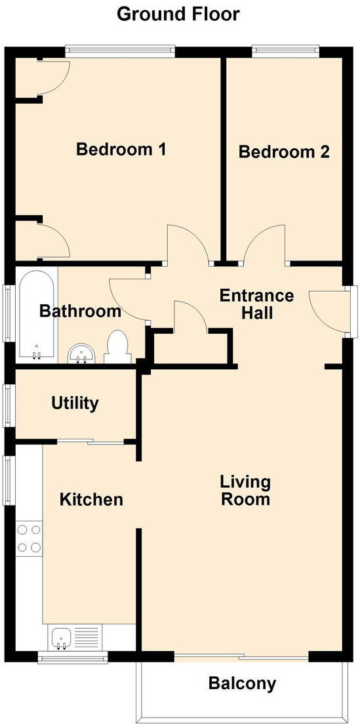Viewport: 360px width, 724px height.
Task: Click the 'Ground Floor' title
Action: point(178,13)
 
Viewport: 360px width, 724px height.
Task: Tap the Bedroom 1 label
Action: point(121,150)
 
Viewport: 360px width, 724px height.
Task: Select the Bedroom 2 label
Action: point(283,152)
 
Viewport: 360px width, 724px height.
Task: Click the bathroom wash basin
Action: point(83,354)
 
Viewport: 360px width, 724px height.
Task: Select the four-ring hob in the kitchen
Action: point(28,538)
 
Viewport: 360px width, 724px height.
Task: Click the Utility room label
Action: point(75,403)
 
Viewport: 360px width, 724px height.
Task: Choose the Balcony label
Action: point(242,684)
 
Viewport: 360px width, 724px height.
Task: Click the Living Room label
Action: point(245,491)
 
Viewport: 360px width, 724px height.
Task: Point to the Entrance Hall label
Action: point(256,304)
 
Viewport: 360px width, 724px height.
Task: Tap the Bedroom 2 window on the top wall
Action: point(286,50)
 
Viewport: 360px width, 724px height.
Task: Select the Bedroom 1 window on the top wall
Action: point(120,50)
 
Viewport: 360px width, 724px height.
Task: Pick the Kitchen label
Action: point(91,500)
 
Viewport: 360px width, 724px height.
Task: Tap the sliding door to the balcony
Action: point(241,657)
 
